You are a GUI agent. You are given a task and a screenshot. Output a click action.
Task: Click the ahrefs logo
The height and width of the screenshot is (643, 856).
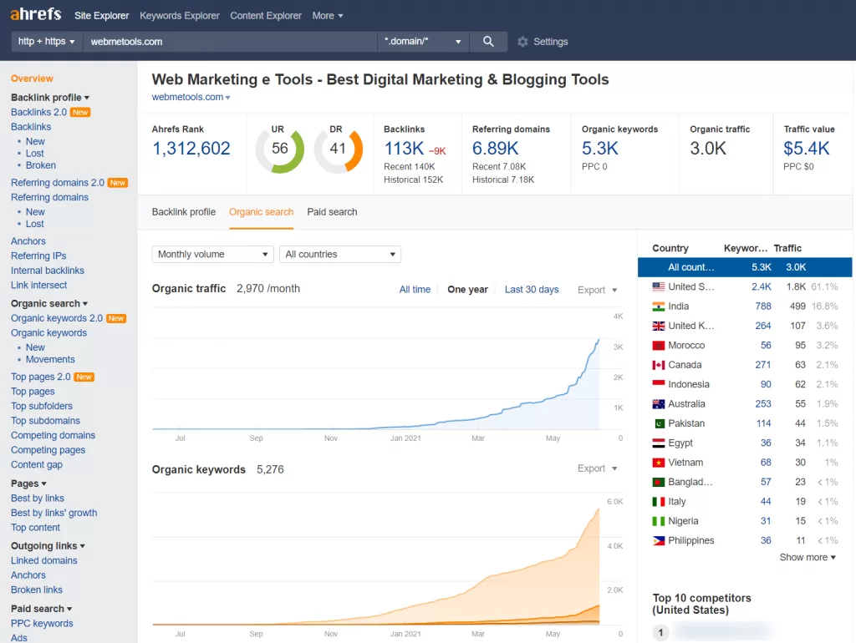coord(37,15)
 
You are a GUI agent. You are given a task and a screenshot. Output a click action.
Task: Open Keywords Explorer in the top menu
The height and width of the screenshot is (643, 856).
coord(180,16)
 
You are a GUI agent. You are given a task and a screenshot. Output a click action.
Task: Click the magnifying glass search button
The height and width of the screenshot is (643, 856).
coord(488,41)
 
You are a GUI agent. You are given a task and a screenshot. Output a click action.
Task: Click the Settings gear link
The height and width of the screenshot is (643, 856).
coord(543,42)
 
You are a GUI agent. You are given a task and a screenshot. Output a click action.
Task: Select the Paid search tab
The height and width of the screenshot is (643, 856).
coord(332,212)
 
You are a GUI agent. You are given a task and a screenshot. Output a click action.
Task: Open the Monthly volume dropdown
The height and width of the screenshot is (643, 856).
coord(212,255)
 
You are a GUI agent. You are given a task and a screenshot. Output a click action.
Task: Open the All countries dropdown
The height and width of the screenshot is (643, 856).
coord(339,255)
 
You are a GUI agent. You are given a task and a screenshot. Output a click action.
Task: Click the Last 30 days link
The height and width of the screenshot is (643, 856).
coord(532,290)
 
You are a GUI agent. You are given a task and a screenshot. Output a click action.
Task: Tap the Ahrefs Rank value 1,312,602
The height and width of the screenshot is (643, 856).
coord(191,149)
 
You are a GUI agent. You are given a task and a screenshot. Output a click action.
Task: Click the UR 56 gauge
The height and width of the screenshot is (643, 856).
coord(279,149)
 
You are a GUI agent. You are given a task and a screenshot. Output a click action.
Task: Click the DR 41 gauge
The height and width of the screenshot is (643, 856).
coord(338,149)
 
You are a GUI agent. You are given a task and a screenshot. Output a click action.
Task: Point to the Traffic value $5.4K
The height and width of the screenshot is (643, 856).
coord(807,149)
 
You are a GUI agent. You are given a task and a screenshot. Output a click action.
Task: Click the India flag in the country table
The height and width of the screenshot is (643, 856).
coord(659,306)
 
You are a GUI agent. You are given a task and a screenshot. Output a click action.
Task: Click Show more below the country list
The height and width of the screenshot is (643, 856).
coord(807,558)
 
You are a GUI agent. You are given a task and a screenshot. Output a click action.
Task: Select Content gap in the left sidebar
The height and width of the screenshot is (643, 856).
coord(37,465)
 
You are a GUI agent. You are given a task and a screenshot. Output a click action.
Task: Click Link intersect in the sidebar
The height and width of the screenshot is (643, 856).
coord(38,286)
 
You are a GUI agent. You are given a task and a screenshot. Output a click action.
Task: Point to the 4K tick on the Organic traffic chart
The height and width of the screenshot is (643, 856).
coord(619,316)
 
